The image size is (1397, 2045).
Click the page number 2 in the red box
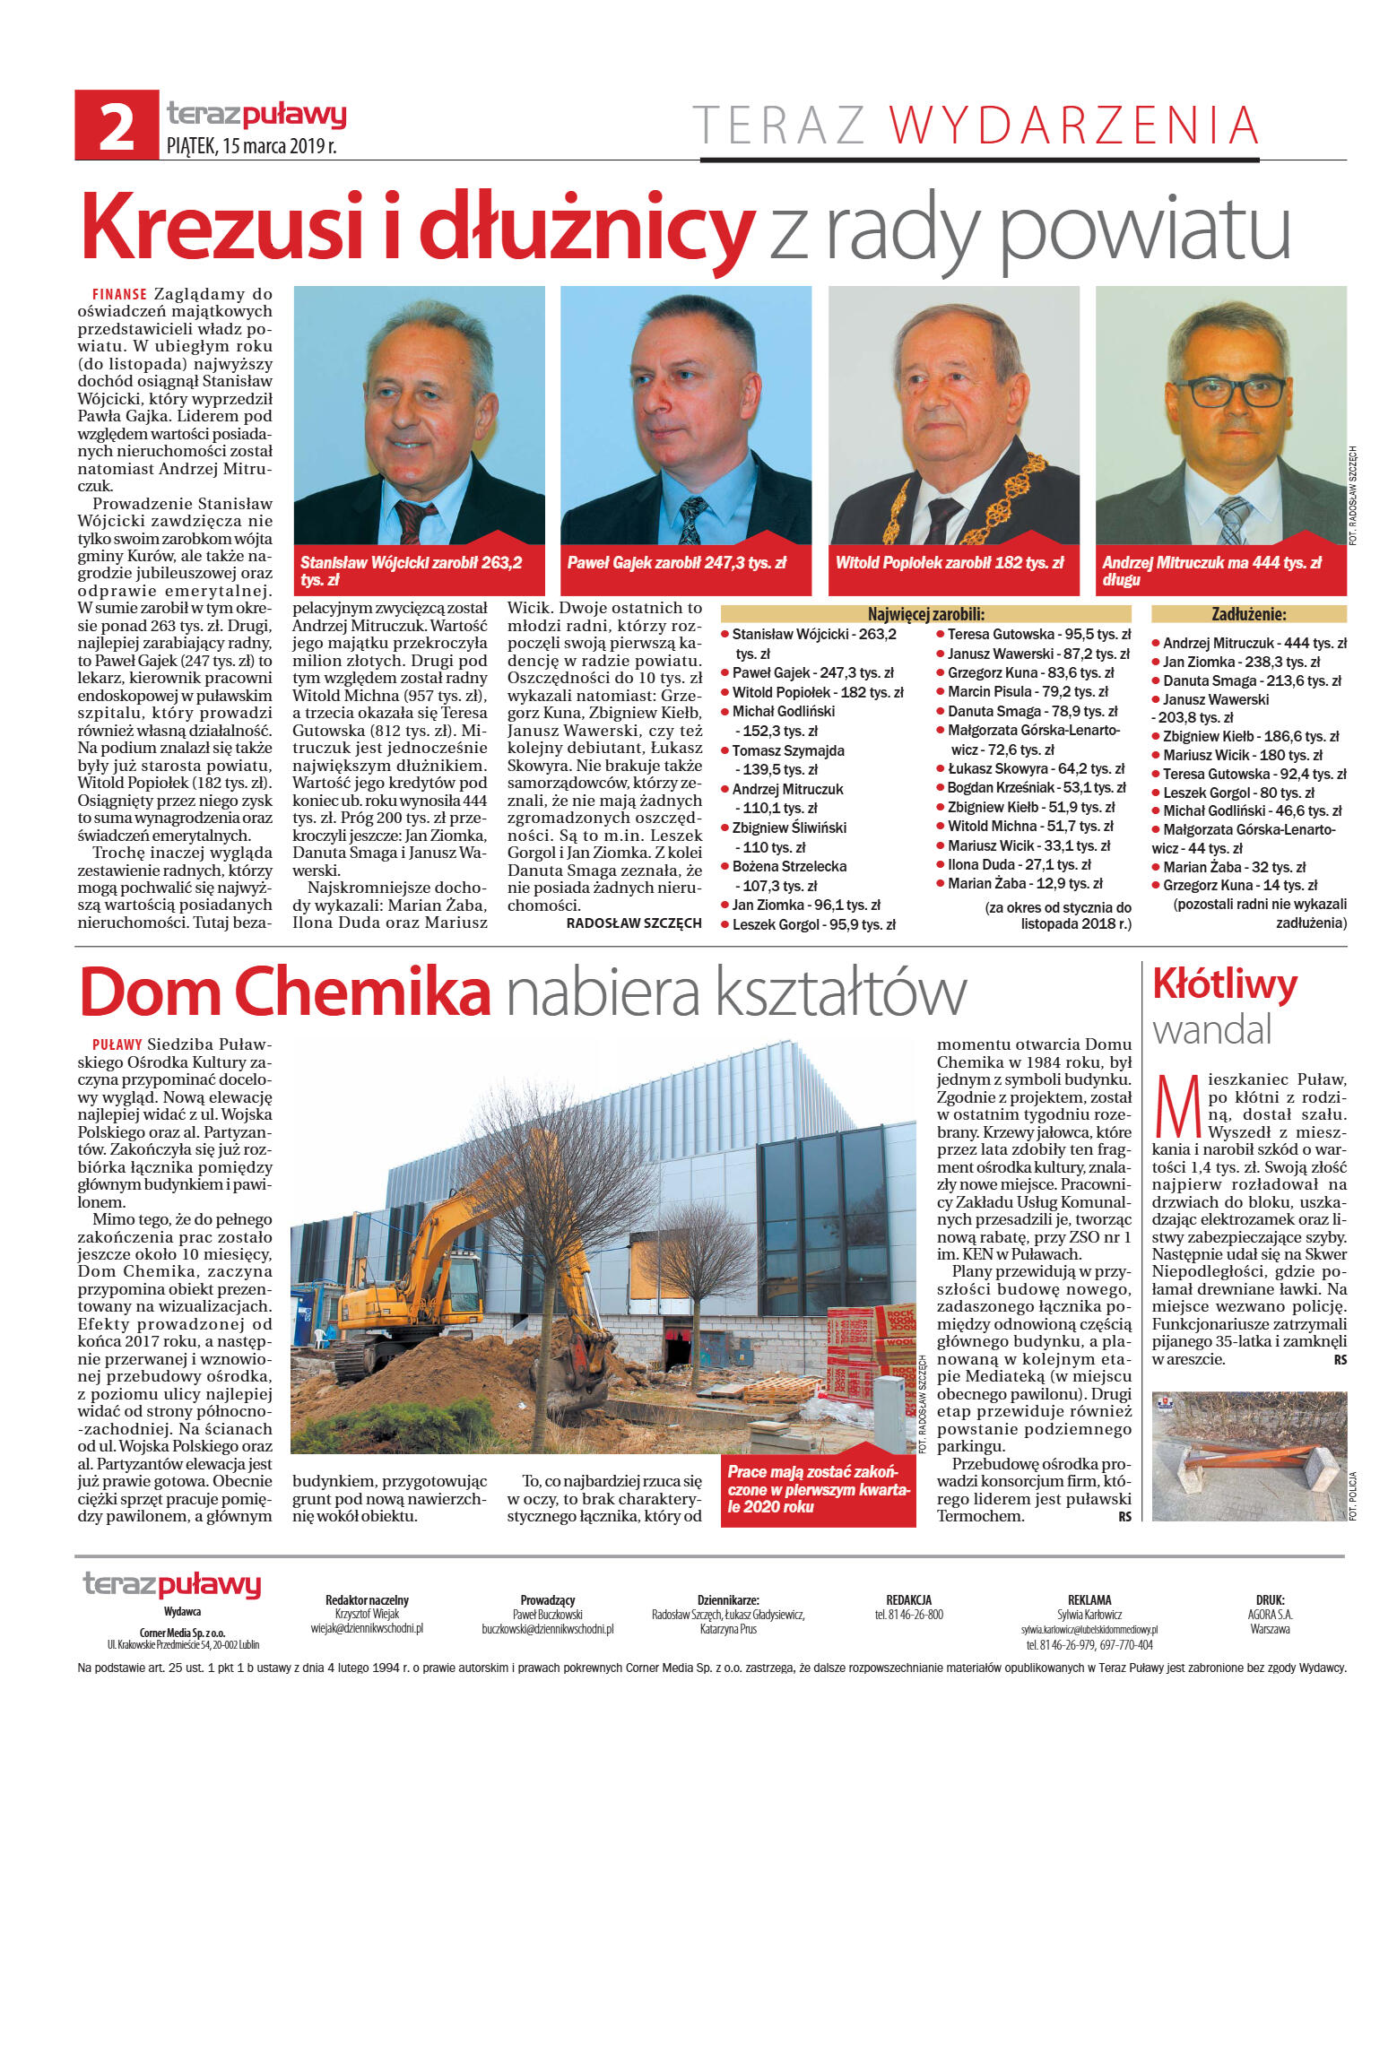pos(116,126)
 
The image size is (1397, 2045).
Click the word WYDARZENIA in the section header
pos(1073,126)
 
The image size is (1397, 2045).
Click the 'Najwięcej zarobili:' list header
pos(925,614)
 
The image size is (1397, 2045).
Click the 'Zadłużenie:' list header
pos(1248,614)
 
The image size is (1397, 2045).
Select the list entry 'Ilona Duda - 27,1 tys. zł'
pos(1019,864)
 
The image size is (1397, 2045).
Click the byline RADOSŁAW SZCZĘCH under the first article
pos(634,923)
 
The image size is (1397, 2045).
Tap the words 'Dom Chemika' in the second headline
pos(285,992)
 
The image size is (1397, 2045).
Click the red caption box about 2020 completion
pos(818,1489)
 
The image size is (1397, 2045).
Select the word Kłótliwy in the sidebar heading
pos(1224,984)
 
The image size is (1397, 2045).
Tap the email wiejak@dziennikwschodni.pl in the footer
pos(367,1628)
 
